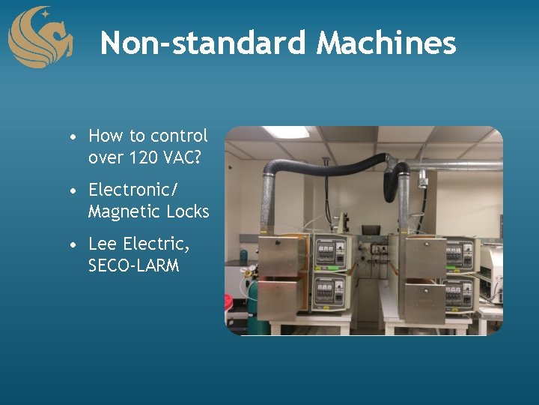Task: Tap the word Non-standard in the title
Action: tap(203, 43)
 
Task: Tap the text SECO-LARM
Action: tap(133, 265)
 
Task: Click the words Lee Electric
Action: tap(138, 244)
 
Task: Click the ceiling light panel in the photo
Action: tap(285, 132)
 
